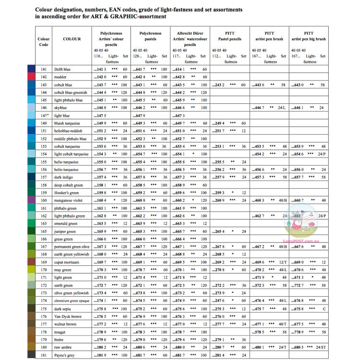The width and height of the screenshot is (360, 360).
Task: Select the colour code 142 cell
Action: point(44,77)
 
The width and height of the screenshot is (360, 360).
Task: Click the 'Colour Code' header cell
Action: point(44,42)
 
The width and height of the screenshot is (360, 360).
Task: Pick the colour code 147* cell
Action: point(44,116)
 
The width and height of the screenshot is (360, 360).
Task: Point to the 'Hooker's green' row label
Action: point(67,192)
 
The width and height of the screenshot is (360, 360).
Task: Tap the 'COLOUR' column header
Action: point(72,39)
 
